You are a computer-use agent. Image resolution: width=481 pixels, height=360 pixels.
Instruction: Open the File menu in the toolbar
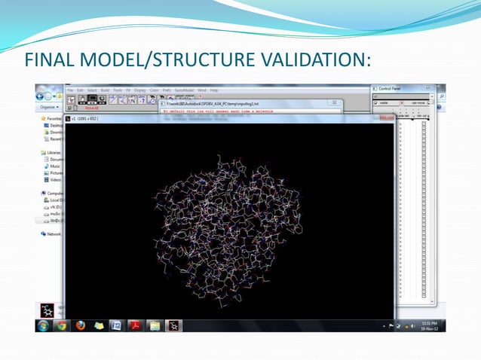coord(69,90)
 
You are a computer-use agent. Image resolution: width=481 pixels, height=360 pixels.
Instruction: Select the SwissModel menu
coord(185,90)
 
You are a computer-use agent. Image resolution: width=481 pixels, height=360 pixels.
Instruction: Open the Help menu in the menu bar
coord(214,90)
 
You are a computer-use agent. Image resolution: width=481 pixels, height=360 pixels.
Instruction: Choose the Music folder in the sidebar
coord(55,166)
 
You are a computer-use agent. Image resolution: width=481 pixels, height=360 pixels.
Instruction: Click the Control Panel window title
coord(391,89)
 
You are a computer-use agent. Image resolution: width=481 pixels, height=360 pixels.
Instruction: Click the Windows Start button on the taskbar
coord(43,325)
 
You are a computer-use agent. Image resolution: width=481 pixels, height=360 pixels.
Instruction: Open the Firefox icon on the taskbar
coord(79,325)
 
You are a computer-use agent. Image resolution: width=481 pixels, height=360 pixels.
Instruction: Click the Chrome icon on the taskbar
coord(61,325)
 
